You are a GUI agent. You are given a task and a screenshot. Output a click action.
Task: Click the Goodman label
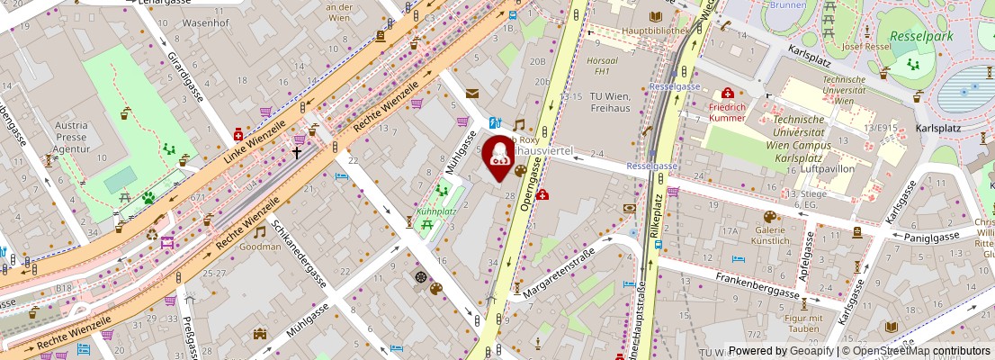260,246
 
